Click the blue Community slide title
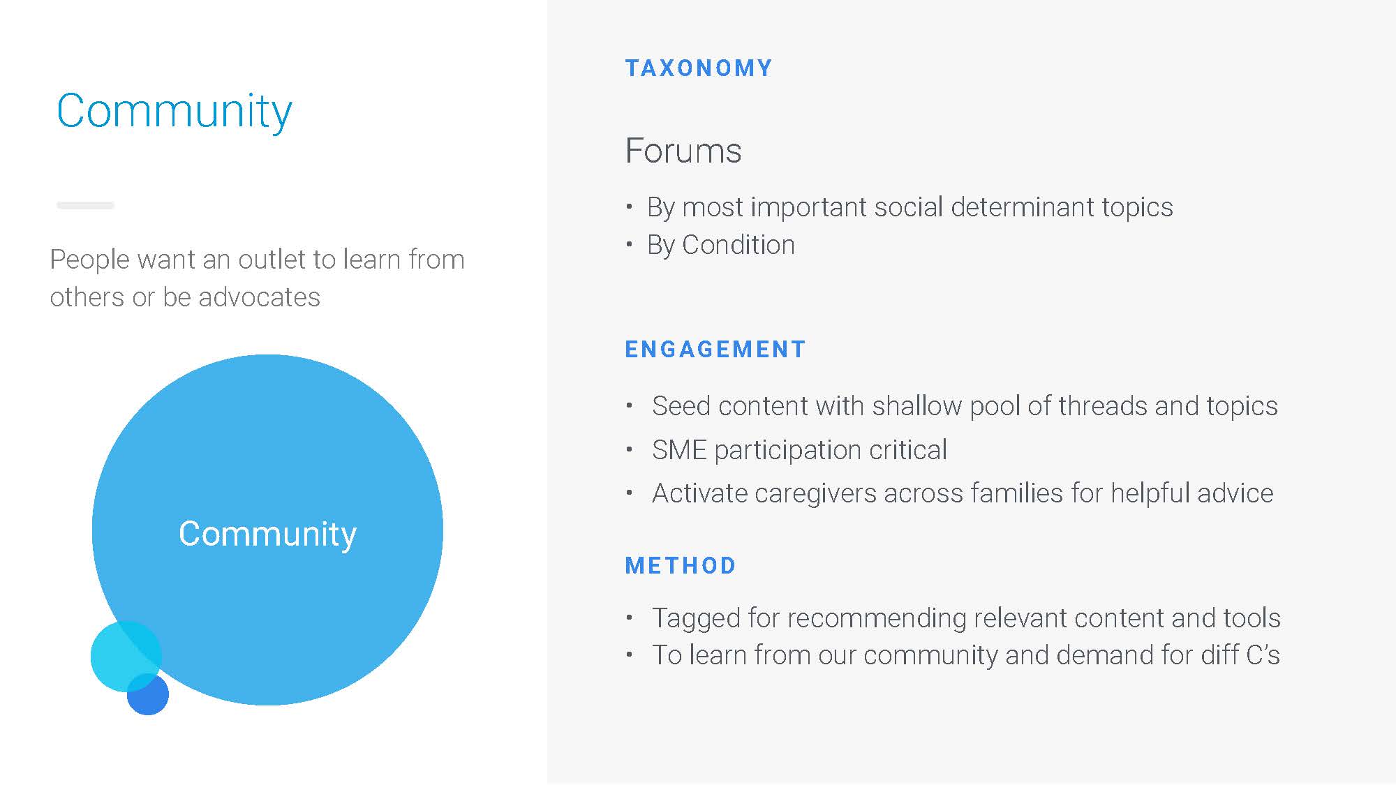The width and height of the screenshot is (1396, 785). coord(174,112)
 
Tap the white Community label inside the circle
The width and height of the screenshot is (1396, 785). coord(267,534)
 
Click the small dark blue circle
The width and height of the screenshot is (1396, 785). coord(148,694)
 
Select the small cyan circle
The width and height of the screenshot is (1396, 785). coord(126,657)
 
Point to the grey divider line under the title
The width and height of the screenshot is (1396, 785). coord(85,205)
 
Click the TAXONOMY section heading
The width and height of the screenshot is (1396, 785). coord(699,68)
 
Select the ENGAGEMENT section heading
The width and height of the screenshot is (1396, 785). coord(715,350)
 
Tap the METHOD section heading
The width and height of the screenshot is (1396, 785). coord(681,566)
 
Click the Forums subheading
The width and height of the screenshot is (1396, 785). coord(683,151)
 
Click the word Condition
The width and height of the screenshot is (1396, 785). coord(738,245)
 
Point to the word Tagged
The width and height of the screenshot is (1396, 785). coord(695,619)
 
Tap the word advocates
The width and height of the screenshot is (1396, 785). coord(259,297)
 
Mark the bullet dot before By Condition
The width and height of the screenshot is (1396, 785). coord(630,244)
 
